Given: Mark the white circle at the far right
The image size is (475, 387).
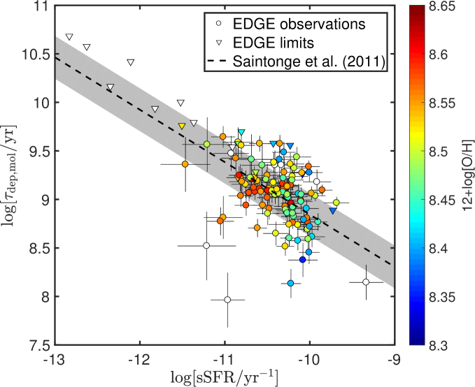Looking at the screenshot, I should coord(367,282).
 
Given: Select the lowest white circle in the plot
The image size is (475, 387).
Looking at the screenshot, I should coord(227,300).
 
